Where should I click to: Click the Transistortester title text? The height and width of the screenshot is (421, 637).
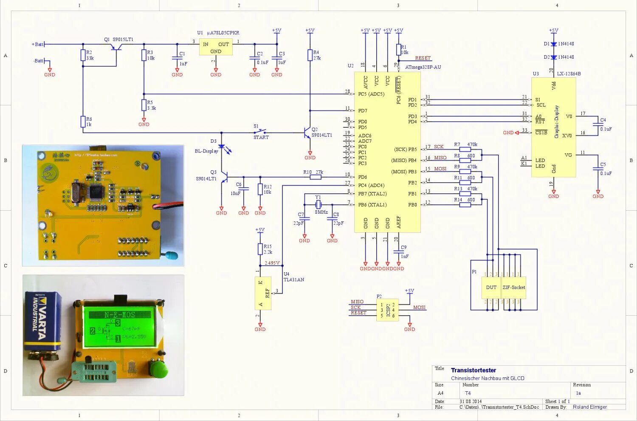coord(473,370)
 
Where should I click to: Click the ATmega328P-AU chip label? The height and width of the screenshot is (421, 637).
coord(423,67)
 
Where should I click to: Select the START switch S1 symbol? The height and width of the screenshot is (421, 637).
coord(260,132)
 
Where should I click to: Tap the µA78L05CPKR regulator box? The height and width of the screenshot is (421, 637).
coord(216,48)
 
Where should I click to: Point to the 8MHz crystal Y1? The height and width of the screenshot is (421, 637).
coord(318,205)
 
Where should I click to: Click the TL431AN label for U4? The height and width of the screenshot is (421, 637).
coord(294,280)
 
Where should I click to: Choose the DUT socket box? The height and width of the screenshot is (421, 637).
coord(491,288)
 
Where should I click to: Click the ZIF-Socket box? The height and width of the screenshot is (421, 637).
coord(514,288)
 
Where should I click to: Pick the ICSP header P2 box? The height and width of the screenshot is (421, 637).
coord(387,310)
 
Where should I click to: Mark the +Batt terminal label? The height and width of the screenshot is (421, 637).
coord(38,44)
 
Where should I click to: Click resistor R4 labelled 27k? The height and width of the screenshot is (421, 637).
coord(310,55)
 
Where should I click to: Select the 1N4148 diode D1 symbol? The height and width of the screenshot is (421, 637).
coord(553,44)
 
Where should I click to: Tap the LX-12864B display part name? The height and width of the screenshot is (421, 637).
coord(569,74)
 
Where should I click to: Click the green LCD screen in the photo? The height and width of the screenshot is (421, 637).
coord(123,326)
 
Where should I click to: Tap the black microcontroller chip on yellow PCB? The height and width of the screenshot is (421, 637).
coord(95,192)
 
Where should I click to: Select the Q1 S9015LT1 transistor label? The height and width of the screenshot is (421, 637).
coord(118,40)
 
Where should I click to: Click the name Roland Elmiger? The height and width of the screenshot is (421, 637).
coord(589,407)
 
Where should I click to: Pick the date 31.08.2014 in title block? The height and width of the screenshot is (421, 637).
coord(471,401)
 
